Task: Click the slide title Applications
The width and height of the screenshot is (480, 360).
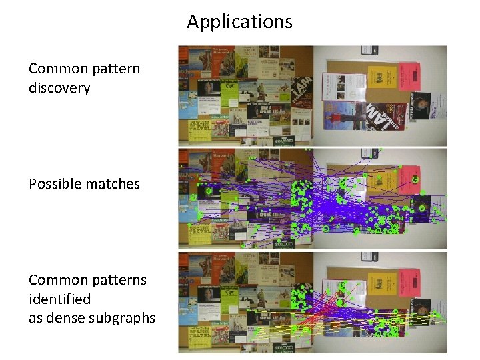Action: [239, 21]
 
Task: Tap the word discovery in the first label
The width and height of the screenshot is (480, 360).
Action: [59, 87]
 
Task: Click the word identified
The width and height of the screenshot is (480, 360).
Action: [59, 299]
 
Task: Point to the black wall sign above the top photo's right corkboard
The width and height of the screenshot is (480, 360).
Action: [369, 51]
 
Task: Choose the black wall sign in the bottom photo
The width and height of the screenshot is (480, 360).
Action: [369, 257]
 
